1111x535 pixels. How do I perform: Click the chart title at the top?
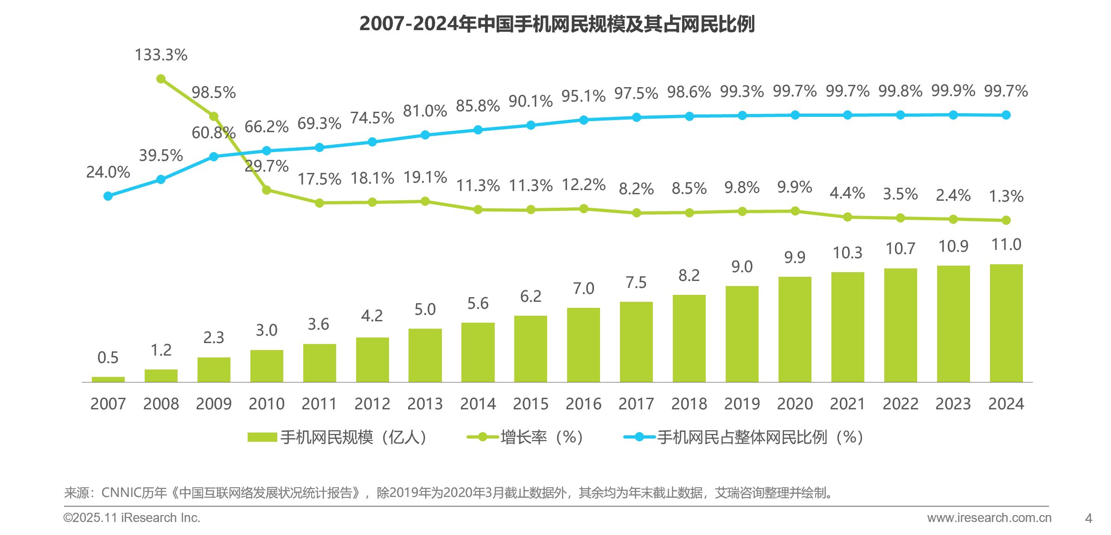[x=557, y=24]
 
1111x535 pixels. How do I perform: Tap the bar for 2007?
[x=108, y=379]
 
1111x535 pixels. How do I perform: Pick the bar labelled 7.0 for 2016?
[x=583, y=345]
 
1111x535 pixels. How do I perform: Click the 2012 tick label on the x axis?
[x=372, y=404]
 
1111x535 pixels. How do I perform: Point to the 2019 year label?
[x=742, y=404]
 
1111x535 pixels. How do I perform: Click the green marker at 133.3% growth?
[x=161, y=79]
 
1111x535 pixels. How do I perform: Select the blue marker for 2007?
[x=108, y=196]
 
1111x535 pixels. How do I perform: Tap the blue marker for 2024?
[x=1006, y=115]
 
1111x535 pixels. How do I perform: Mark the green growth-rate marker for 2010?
[x=267, y=190]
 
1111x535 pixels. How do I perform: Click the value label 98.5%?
[x=214, y=93]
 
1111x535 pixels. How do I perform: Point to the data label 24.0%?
[x=108, y=172]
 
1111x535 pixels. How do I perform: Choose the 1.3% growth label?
[x=1006, y=196]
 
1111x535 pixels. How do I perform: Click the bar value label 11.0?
[x=1006, y=244]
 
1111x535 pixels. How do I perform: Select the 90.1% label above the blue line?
[x=530, y=101]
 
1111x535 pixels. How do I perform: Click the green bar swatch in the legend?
[x=262, y=437]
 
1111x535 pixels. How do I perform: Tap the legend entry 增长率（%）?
[x=541, y=437]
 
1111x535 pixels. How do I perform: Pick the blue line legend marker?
[x=639, y=437]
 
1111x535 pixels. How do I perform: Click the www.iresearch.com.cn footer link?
[x=989, y=518]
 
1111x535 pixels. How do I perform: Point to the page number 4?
[x=1088, y=518]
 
